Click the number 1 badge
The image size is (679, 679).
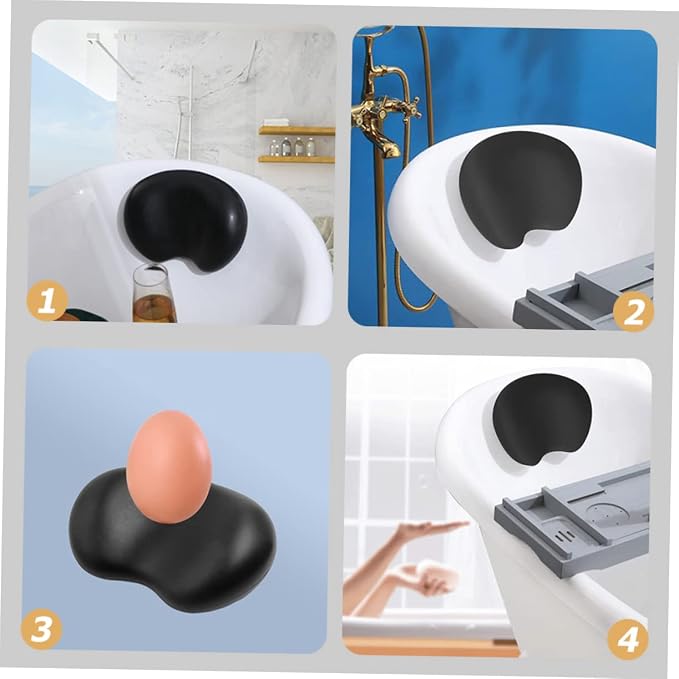pos(47,301)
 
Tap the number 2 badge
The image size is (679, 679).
pos(633,312)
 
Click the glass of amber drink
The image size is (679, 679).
pos(150,294)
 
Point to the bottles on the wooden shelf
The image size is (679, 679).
pos(292,147)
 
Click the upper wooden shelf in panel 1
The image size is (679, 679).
pos(297,130)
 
